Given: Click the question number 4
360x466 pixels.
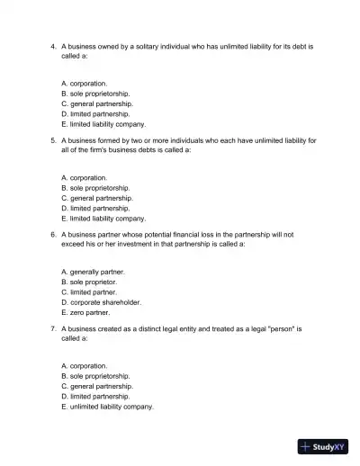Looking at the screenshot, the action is pyautogui.click(x=53, y=44).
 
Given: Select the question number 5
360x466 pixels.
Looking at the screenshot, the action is pyautogui.click(x=53, y=139).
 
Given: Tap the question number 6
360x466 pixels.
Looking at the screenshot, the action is pyautogui.click(x=53, y=234).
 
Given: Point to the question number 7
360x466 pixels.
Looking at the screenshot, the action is pyautogui.click(x=53, y=329).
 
